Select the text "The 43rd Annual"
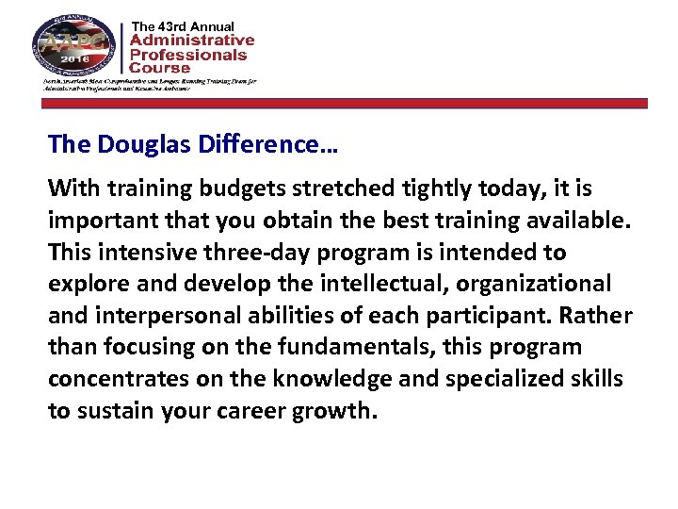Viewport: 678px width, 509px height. pyautogui.click(x=183, y=25)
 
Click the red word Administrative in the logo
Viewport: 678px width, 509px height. pyautogui.click(x=191, y=41)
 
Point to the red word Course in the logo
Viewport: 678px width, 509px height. pyautogui.click(x=159, y=68)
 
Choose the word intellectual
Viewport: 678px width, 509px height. pyautogui.click(x=377, y=283)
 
